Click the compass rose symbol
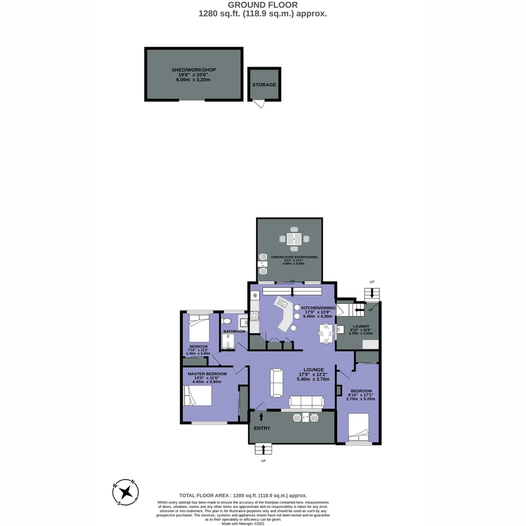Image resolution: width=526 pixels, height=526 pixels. tap(126, 492)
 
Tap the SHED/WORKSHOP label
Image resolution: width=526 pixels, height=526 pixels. tap(193, 70)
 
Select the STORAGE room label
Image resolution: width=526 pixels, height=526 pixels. tap(264, 85)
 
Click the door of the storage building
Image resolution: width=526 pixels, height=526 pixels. tap(258, 103)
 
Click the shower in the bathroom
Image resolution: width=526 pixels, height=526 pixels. tap(228, 342)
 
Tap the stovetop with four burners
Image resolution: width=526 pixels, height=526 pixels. tap(254, 316)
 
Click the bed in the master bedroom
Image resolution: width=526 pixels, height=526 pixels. tap(197, 395)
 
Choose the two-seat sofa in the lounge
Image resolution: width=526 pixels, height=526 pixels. tap(277, 382)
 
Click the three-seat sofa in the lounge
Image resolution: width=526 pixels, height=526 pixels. tap(306, 402)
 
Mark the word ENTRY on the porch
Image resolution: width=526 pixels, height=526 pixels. tap(262, 428)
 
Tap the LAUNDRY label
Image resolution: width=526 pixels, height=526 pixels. tap(360, 326)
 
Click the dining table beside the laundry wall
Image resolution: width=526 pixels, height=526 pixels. tap(326, 334)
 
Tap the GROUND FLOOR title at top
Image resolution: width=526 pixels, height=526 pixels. tap(263, 5)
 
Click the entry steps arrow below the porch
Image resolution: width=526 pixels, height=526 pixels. tap(263, 449)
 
